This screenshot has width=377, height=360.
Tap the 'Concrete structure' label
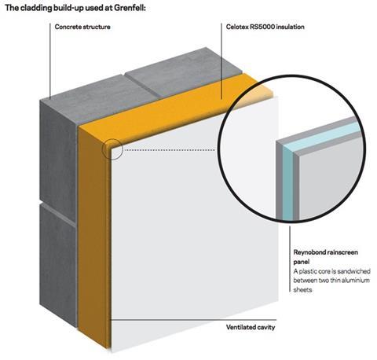pyautogui.click(x=82, y=27)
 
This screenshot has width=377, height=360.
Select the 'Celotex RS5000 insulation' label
pyautogui.click(x=265, y=27)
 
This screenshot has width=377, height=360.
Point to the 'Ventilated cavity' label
pyautogui.click(x=251, y=327)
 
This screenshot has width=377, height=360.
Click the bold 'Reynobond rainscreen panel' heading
pyautogui.click(x=325, y=257)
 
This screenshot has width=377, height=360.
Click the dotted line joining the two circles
pyautogui.click(x=170, y=150)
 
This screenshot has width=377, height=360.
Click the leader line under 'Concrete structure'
pyautogui.click(x=50, y=61)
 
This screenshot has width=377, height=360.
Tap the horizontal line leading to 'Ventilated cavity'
pyautogui.click(x=194, y=320)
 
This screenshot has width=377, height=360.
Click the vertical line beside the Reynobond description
pyautogui.click(x=290, y=259)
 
